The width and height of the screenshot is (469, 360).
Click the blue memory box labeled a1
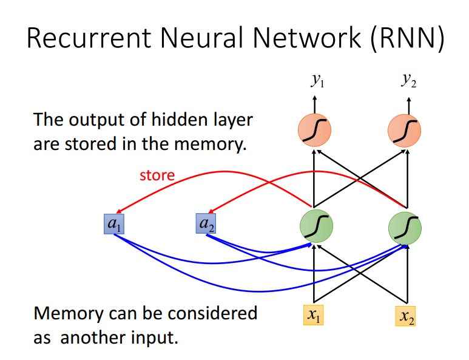click(x=114, y=224)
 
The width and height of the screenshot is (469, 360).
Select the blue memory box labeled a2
click(x=206, y=223)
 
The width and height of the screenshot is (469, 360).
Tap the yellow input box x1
click(x=314, y=315)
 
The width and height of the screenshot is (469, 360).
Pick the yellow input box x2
click(x=405, y=316)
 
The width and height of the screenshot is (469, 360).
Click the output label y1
click(x=318, y=80)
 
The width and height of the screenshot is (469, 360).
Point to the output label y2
click(x=408, y=80)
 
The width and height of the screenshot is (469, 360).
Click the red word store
click(x=157, y=175)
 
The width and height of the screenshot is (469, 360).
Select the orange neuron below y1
click(x=314, y=130)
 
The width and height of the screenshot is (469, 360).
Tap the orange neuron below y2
click(x=405, y=131)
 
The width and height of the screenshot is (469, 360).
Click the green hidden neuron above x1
click(x=316, y=226)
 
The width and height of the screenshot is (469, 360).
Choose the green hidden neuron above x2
click(x=405, y=228)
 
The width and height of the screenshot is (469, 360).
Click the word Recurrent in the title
click(x=89, y=38)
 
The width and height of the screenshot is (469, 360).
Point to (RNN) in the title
click(x=407, y=39)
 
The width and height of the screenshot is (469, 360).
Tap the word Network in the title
click(x=307, y=38)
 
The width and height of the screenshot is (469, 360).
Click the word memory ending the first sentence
click(x=211, y=145)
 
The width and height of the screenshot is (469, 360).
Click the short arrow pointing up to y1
click(x=314, y=104)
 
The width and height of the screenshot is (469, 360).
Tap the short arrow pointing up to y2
click(x=409, y=106)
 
